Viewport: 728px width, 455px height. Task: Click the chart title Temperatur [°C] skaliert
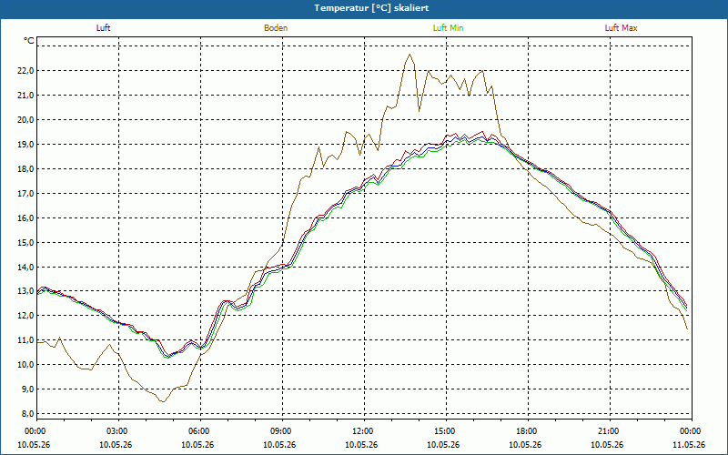[371, 8]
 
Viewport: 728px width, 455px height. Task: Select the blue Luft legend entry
[103, 28]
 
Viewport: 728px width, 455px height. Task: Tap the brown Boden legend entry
[276, 28]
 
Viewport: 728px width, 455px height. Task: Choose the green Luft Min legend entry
[448, 28]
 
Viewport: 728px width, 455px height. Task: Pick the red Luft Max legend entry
[621, 28]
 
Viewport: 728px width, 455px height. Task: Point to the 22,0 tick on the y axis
[25, 71]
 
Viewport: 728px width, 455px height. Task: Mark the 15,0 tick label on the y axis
[25, 242]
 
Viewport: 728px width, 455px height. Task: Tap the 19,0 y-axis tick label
[25, 145]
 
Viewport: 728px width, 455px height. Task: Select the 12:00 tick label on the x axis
[365, 431]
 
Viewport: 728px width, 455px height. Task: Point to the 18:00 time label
[529, 431]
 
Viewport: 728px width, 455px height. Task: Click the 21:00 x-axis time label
[610, 431]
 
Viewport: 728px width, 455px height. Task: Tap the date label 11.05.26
[689, 444]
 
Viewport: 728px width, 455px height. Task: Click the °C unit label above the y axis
[29, 41]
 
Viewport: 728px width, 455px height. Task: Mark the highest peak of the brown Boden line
[409, 55]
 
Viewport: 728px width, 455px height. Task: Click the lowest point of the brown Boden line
[163, 401]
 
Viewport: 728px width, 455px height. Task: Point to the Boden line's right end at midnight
[687, 329]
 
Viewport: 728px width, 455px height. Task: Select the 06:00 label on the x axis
[200, 431]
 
